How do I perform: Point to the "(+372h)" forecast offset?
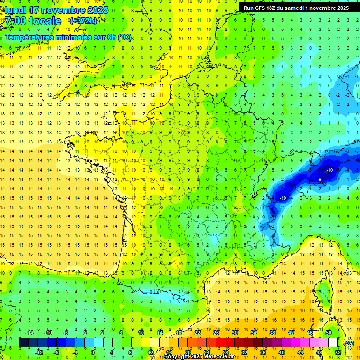coord(83,21)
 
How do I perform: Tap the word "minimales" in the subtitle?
coord(77,37)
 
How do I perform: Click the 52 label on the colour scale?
coord(338,352)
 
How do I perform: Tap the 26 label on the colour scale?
coord(216,333)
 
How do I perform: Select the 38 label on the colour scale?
coord(272,333)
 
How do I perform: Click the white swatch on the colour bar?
coord(333,343)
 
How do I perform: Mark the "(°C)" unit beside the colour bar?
coord(349,343)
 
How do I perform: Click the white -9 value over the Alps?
coord(320,180)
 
